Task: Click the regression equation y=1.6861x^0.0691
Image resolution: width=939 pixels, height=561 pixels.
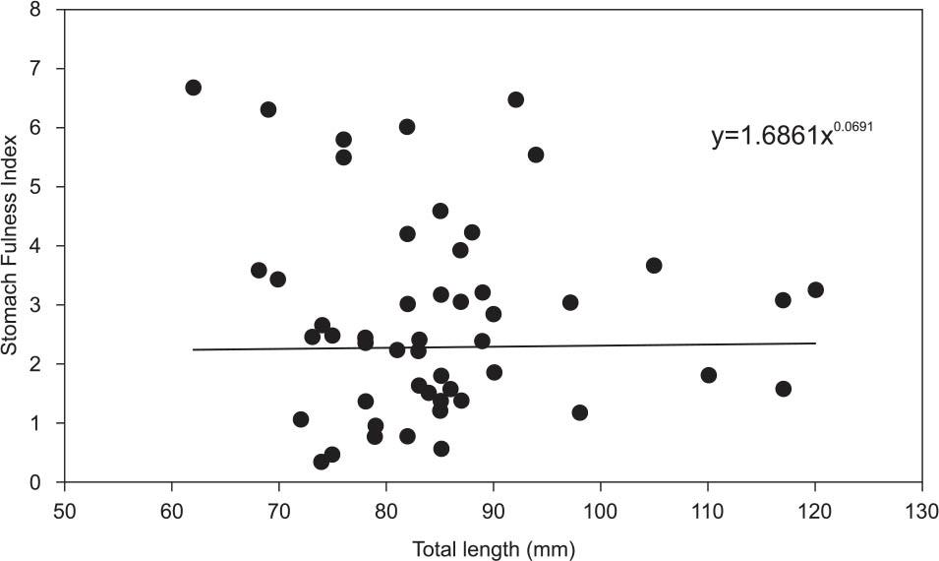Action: [x=792, y=136]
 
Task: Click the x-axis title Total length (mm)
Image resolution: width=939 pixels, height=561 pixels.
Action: [x=493, y=547]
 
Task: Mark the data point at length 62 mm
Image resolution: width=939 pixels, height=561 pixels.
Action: [x=193, y=88]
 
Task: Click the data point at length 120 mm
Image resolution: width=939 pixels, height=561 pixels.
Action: [x=815, y=289]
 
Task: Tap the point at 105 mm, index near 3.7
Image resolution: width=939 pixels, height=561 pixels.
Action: [x=654, y=266]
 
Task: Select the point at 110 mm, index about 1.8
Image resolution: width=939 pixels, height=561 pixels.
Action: [x=708, y=375]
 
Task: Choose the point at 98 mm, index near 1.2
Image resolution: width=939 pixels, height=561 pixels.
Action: [x=579, y=412]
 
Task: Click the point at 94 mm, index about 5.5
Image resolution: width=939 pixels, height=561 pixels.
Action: [x=536, y=155]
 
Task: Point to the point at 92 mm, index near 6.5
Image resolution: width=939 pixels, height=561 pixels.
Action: [x=515, y=99]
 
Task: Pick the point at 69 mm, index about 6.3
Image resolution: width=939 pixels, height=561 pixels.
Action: [x=268, y=109]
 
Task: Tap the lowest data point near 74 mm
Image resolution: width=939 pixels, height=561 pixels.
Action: [x=322, y=462]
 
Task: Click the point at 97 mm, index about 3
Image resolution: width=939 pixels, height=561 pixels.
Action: [x=569, y=302]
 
